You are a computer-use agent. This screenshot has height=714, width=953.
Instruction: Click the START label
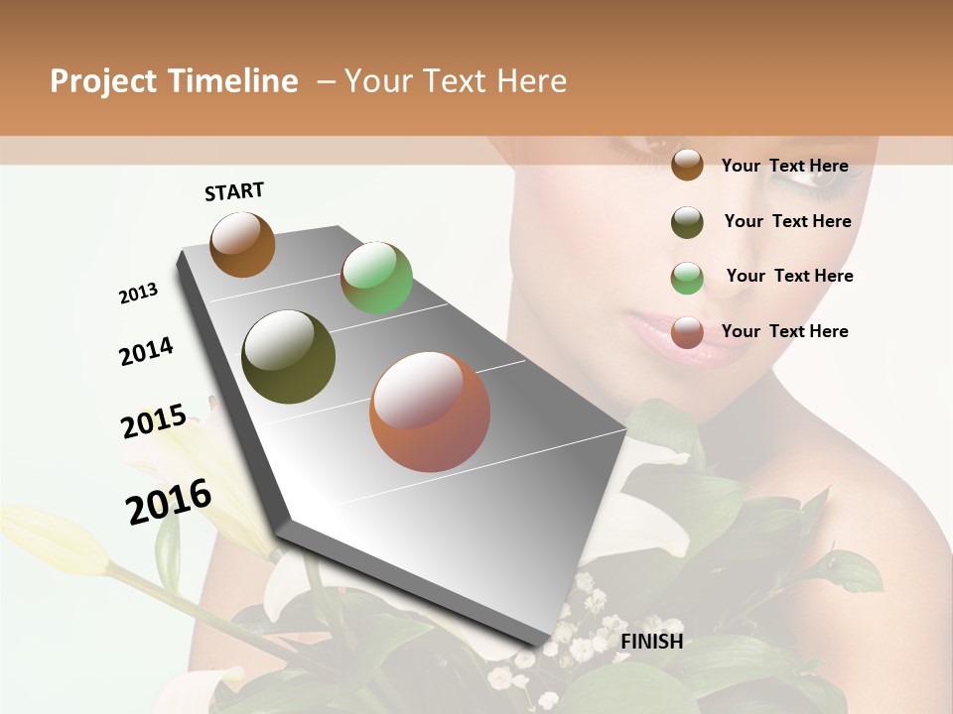(x=234, y=191)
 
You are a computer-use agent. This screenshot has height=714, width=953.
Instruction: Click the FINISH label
(x=651, y=642)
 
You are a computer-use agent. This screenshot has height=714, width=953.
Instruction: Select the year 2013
(x=138, y=294)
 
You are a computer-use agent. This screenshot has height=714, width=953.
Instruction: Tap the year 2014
(x=146, y=352)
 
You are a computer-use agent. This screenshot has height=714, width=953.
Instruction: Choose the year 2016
(x=169, y=501)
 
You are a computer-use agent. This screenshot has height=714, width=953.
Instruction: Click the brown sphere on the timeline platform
(x=242, y=244)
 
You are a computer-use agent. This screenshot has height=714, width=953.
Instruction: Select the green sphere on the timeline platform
(x=376, y=278)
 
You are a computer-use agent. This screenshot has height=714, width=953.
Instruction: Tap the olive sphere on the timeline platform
(x=289, y=357)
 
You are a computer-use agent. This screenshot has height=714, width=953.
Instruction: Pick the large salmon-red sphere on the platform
(x=430, y=412)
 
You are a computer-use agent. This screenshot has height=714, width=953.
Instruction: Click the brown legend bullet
(x=687, y=165)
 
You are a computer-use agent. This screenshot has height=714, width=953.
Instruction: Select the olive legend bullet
(x=687, y=222)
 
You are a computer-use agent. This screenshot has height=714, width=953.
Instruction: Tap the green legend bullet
(x=687, y=278)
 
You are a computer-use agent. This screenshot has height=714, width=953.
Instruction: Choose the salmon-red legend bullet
(x=687, y=332)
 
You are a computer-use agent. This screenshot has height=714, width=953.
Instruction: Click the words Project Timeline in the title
(x=174, y=81)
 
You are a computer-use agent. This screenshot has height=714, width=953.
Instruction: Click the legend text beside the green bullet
(x=789, y=276)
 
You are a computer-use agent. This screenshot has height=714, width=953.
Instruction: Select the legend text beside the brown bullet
(x=784, y=166)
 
